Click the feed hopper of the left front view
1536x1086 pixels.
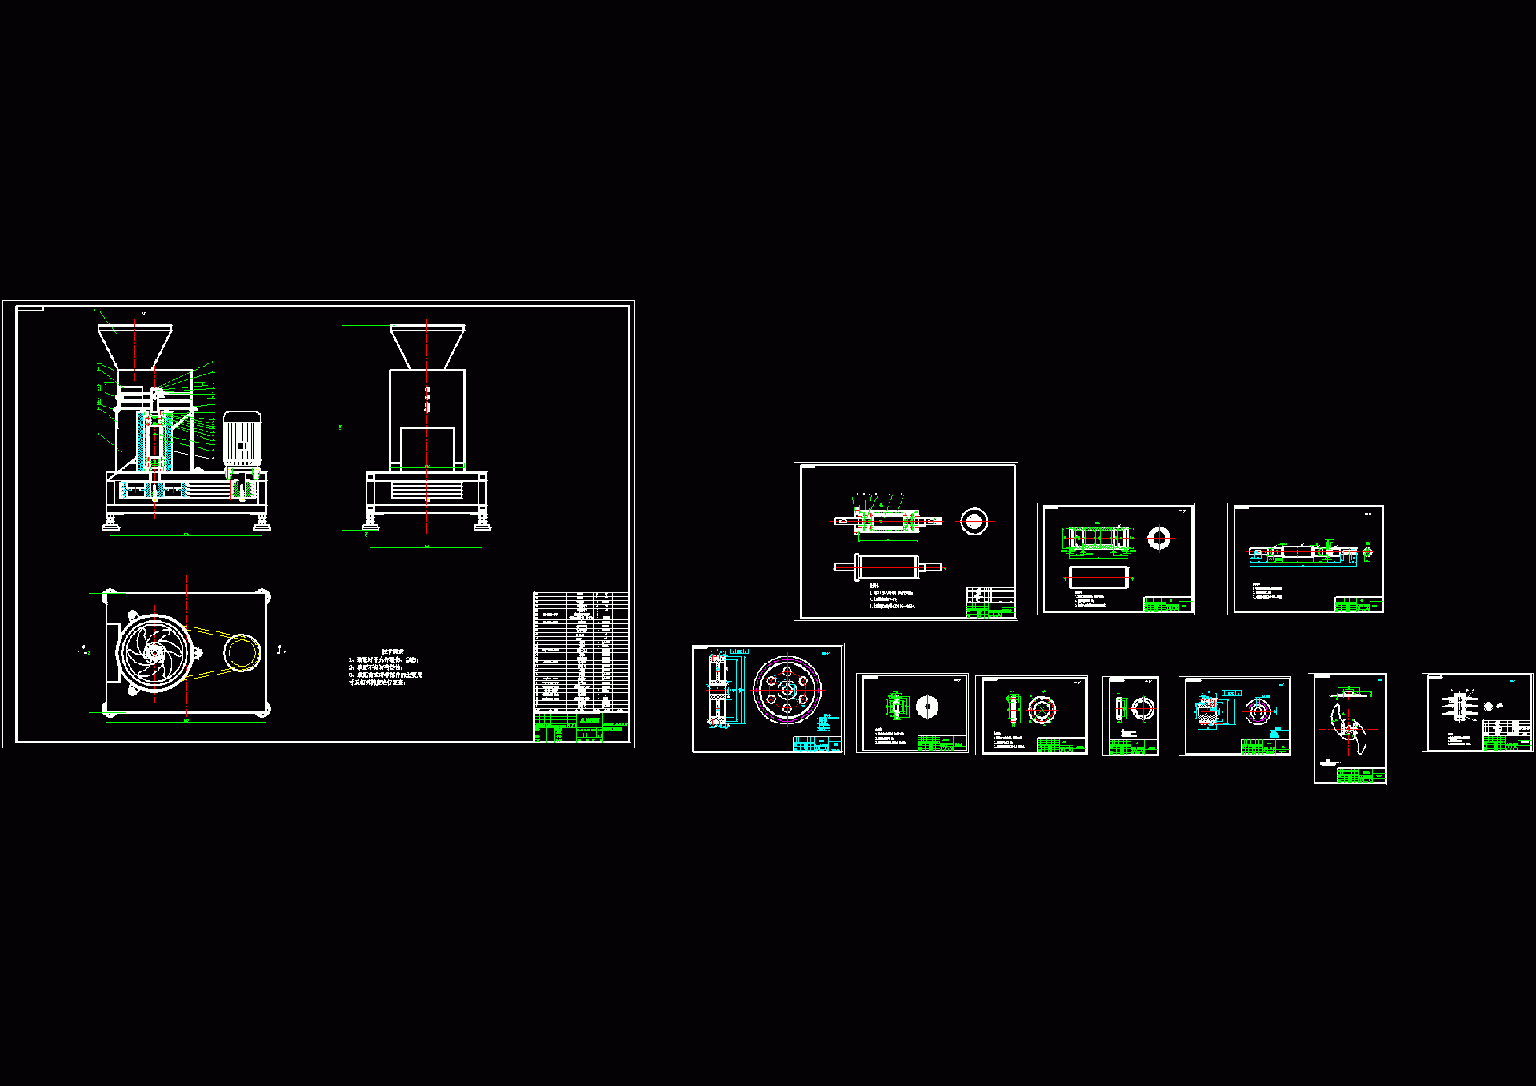click(134, 345)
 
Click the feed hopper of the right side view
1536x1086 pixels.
click(427, 345)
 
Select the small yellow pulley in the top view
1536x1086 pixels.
click(241, 651)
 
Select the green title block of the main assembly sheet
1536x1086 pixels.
click(581, 727)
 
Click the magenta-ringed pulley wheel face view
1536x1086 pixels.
click(787, 689)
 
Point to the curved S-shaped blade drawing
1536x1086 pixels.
click(1350, 728)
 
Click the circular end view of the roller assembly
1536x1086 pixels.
click(974, 522)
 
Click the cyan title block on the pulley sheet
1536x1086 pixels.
click(816, 744)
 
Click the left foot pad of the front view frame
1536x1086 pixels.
click(110, 525)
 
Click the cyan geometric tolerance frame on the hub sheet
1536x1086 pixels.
click(1231, 692)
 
